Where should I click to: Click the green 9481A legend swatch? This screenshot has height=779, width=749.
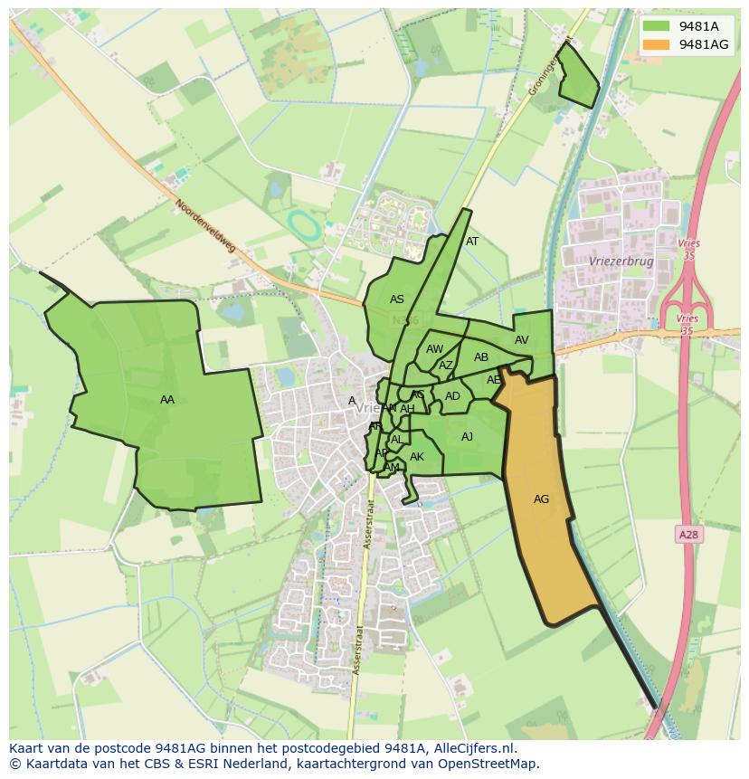(657, 27)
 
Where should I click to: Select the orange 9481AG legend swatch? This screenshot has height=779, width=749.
(657, 44)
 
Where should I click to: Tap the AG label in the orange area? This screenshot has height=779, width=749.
(541, 499)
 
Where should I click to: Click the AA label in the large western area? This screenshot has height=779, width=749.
(166, 400)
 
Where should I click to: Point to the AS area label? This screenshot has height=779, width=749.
(397, 299)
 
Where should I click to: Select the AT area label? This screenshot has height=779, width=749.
(472, 242)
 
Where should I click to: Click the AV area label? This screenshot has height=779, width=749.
(521, 340)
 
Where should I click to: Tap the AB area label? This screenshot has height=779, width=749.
(481, 357)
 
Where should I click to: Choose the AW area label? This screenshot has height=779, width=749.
(435, 349)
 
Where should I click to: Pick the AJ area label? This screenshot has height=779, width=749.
(467, 437)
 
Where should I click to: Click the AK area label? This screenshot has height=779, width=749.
(417, 457)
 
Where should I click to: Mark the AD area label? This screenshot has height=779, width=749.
(452, 396)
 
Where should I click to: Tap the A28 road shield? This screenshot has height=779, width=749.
(688, 535)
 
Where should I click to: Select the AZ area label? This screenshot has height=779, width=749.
(446, 366)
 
